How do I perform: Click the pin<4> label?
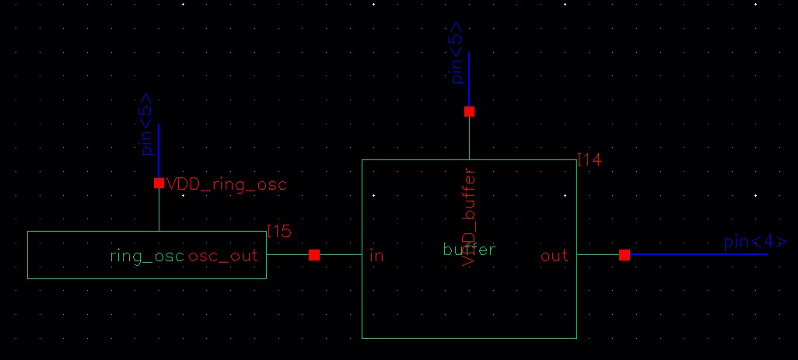754,242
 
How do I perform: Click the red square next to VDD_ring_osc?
159,183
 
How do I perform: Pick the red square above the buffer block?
469,111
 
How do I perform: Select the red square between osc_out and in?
314,255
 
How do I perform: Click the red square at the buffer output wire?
625,254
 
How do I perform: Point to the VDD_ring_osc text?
226,184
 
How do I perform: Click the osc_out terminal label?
222,255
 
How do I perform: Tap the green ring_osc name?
147,255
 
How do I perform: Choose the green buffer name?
469,250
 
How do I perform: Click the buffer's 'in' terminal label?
376,255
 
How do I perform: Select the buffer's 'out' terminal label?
554,255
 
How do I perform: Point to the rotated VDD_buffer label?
469,218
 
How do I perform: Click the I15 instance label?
278,231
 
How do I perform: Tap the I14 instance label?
590,159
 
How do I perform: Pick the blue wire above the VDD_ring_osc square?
159,152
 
